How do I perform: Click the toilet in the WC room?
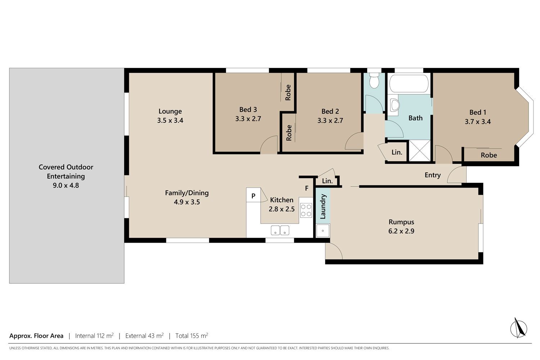pyautogui.click(x=374, y=80)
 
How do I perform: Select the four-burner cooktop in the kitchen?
pyautogui.click(x=306, y=210)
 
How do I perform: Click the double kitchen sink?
pyautogui.click(x=280, y=230)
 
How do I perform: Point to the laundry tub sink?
pyautogui.click(x=323, y=230)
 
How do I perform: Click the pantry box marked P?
pyautogui.click(x=253, y=195)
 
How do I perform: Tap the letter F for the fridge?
pyautogui.click(x=307, y=188)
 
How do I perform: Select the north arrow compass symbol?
pyautogui.click(x=518, y=328)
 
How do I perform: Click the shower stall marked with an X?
pyautogui.click(x=420, y=150)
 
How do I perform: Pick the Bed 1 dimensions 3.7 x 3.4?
pyautogui.click(x=478, y=122)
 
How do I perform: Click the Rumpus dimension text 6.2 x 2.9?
pyautogui.click(x=401, y=231)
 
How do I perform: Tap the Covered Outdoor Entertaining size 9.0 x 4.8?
pyautogui.click(x=66, y=185)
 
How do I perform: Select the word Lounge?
pyautogui.click(x=170, y=111)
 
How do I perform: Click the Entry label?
pyautogui.click(x=432, y=175)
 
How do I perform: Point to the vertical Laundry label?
pyautogui.click(x=323, y=206)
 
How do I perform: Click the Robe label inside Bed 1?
pyautogui.click(x=489, y=155)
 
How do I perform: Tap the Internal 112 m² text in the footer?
pyautogui.click(x=94, y=336)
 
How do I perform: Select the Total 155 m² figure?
pyautogui.click(x=192, y=336)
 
